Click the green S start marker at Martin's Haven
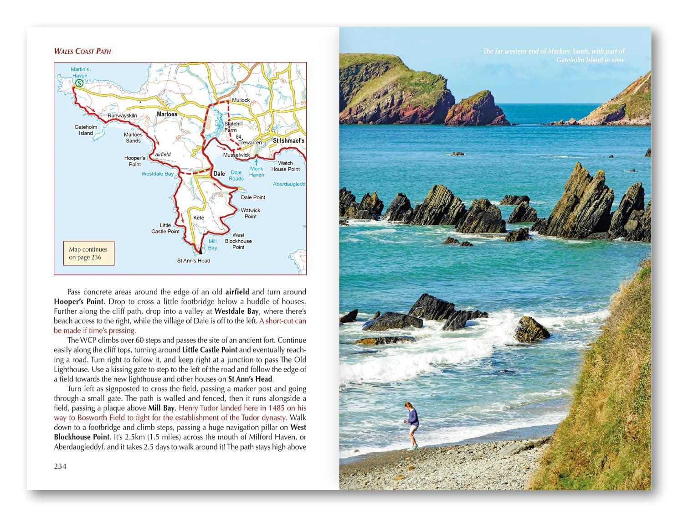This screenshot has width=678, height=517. coord(79,83)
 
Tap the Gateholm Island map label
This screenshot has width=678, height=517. coord(86,130)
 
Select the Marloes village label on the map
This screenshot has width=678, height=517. coord(167,114)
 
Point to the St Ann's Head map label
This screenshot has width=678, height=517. coord(194,261)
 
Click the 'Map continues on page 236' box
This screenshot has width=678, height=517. coord(88,253)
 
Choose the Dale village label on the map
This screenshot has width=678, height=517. coord(219,174)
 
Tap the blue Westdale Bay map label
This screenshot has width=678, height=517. coord(157,174)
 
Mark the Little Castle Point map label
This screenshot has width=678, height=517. coord(165,228)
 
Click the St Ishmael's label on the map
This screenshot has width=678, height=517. coord(288,141)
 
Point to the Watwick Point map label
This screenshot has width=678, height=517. coord(251,213)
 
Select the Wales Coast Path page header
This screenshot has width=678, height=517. coord(82,51)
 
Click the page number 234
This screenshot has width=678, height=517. coord(60,466)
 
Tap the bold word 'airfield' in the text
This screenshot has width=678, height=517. coord(237,292)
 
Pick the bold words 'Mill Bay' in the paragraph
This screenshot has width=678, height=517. coord(161,408)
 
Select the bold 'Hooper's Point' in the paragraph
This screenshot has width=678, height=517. coord(79,301)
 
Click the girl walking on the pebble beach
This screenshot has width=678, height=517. coord(412,424)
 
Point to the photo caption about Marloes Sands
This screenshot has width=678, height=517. coord(554,55)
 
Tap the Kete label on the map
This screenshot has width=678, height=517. coord(199,217)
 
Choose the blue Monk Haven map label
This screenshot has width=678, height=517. coord(257,171)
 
